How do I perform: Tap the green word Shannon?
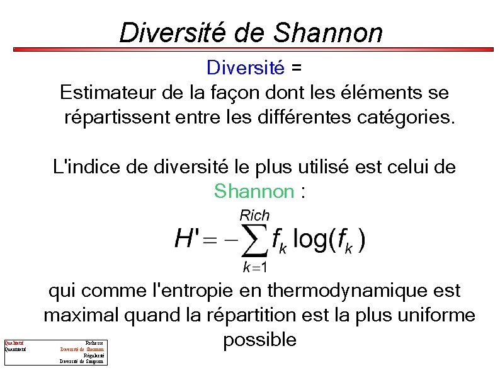pos(254,191)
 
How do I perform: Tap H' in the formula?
pos(186,239)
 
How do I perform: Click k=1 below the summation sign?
pos(256,267)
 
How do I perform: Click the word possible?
pos(259,340)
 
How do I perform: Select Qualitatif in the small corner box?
pos(14,343)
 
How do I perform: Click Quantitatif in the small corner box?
pos(15,349)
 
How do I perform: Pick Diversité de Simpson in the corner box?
pos(82,361)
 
